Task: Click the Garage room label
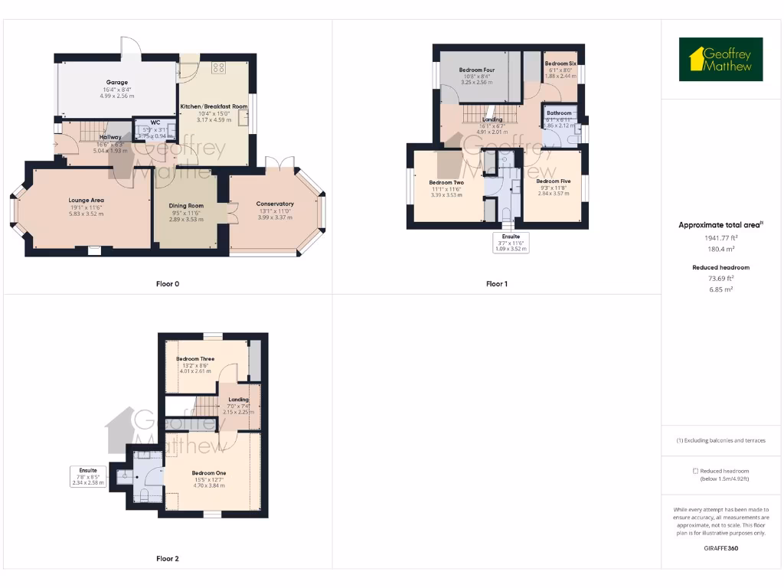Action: point(116,82)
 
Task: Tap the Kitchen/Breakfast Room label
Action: point(214,106)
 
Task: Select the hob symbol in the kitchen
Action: point(218,67)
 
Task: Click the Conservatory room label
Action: point(275,204)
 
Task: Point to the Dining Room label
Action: point(186,205)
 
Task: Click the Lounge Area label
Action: point(86,200)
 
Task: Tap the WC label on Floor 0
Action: point(155,122)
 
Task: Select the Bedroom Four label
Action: point(476,70)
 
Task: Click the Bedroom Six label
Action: point(560,64)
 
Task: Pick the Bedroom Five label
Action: point(553,181)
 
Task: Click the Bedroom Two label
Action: point(447,182)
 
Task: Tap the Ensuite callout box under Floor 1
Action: point(511,242)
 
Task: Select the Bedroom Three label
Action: point(195,358)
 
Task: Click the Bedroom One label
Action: point(208,472)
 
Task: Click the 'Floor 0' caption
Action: point(168,284)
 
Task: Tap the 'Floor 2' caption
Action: point(168,559)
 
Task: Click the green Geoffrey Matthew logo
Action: point(720,60)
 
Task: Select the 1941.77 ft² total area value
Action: point(720,237)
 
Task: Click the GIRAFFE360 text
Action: point(720,548)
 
